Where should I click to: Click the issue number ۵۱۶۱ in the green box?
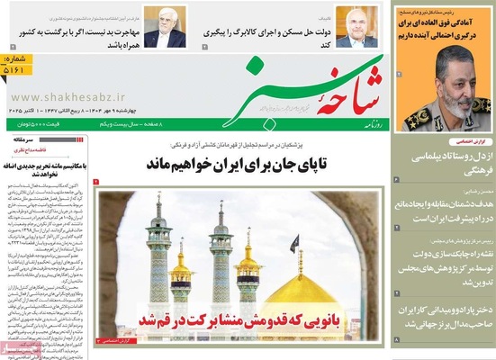(15, 67)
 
